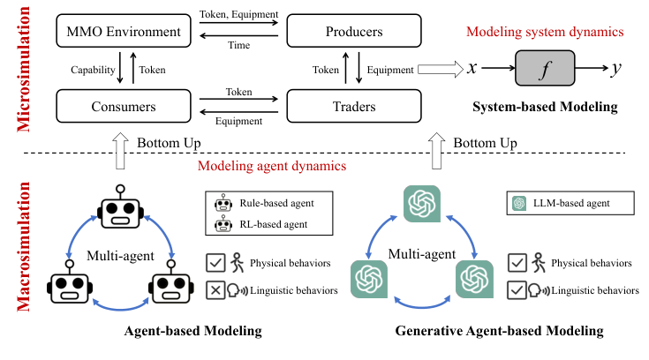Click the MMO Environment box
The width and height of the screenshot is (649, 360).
point(123,34)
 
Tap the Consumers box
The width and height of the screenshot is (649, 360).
point(123,109)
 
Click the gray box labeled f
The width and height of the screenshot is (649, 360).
point(544,68)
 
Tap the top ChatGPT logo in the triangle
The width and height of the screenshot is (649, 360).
point(422,206)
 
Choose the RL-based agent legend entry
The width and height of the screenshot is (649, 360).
point(267,225)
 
